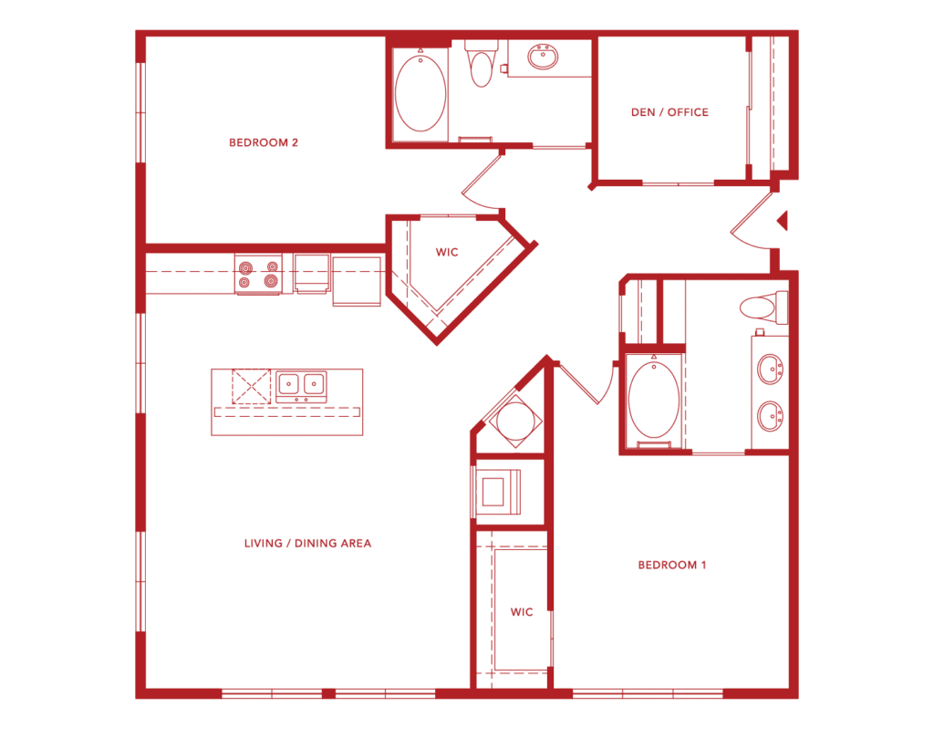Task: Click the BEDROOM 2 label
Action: [x=264, y=142]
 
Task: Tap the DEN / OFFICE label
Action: [x=669, y=112]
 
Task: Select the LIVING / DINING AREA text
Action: [x=307, y=543]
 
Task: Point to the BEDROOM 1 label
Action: [x=672, y=565]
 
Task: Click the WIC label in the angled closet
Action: [x=447, y=252]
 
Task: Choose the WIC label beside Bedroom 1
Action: [x=521, y=611]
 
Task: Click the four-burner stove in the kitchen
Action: [x=258, y=275]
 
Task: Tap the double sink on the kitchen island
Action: [x=301, y=386]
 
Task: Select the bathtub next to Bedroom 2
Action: [x=420, y=94]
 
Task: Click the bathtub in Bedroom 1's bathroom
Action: [x=653, y=401]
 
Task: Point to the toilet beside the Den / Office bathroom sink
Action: [x=482, y=65]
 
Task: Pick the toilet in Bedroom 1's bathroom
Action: [x=763, y=307]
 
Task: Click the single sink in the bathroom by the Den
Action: [x=543, y=57]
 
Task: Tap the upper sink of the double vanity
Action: [x=770, y=369]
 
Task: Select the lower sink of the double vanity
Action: [x=770, y=415]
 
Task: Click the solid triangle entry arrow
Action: [x=784, y=221]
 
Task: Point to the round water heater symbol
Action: [x=515, y=422]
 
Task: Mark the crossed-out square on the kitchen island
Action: [x=252, y=386]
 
